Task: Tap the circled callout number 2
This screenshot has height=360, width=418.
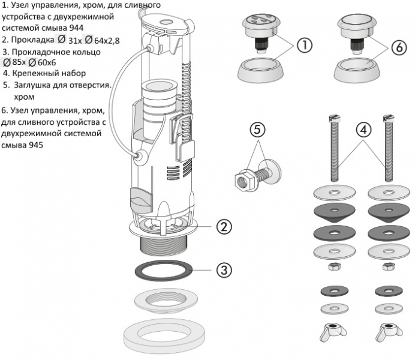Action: pyautogui.click(x=223, y=227)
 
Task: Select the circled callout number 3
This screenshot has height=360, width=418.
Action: pyautogui.click(x=223, y=269)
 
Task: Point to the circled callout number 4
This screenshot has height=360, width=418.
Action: pyautogui.click(x=363, y=129)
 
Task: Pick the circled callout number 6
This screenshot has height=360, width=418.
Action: pyautogui.click(x=399, y=48)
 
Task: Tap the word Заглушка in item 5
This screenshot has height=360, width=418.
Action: pyautogui.click(x=32, y=85)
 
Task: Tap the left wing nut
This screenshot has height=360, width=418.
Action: pyautogui.click(x=331, y=331)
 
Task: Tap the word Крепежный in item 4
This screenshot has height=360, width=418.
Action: pyautogui.click(x=34, y=74)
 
